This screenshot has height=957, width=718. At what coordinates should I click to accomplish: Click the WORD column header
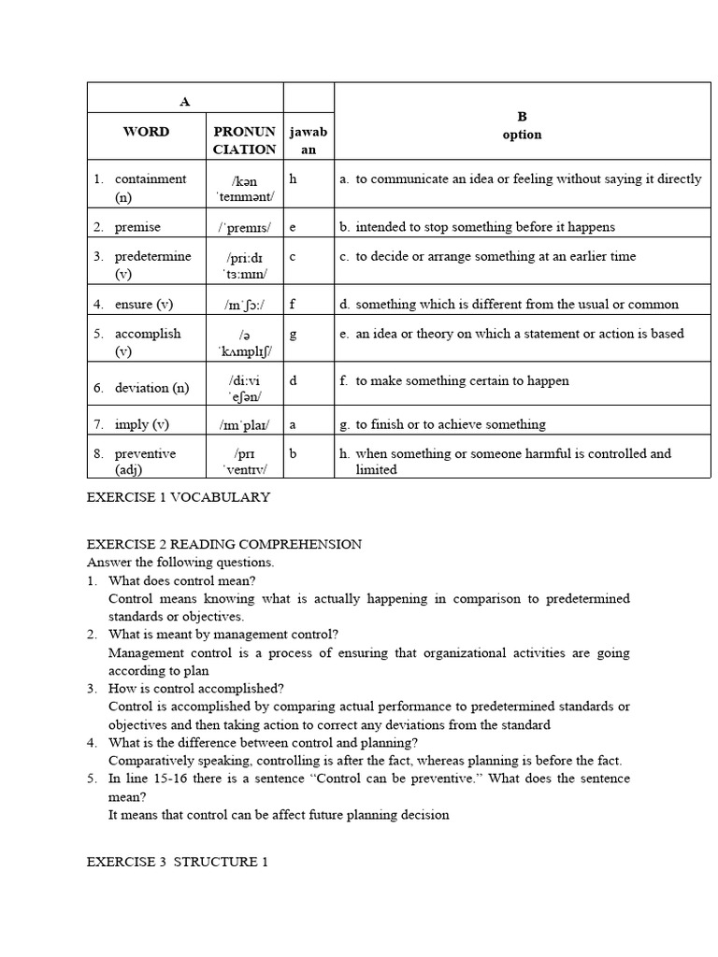[146, 132]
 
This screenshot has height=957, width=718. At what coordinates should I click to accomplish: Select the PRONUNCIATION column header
[244, 140]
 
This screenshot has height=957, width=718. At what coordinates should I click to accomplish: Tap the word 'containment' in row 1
[150, 179]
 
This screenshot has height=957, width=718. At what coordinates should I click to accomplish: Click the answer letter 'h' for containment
[293, 179]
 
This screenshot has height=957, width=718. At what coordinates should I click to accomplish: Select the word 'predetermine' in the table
[152, 256]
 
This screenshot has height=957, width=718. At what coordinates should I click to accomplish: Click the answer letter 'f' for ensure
[293, 304]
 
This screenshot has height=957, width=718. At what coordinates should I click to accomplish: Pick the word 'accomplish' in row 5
[147, 334]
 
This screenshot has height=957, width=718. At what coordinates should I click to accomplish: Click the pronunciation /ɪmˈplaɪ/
[244, 424]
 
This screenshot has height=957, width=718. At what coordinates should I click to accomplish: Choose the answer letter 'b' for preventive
[293, 453]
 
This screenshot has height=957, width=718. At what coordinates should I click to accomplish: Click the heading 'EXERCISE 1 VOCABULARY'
[178, 497]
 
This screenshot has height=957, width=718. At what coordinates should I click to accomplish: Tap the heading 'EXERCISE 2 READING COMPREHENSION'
[224, 544]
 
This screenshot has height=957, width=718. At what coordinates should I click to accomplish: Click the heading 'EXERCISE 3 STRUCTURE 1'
[178, 862]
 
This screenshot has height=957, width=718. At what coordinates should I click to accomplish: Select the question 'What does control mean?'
[183, 580]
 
